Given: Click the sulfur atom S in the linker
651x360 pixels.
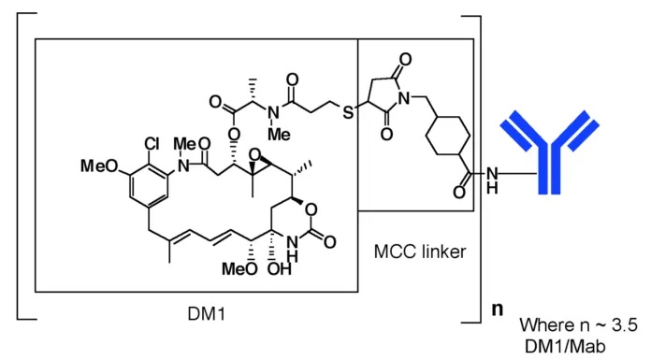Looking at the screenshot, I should tap(347, 113).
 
